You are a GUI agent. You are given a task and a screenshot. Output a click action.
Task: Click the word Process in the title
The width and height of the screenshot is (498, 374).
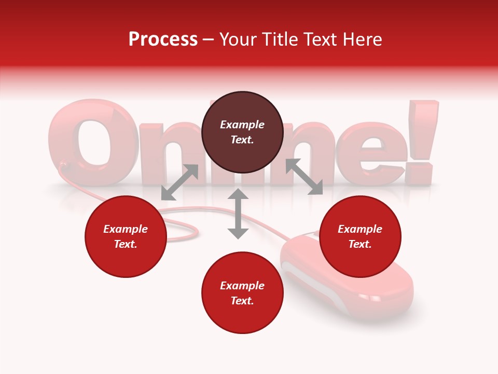coord(163,39)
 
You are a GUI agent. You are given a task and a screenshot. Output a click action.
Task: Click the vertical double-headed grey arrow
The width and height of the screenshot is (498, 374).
coord(238,214)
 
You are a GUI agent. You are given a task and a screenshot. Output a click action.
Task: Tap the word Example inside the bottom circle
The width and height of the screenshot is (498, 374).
coord(242,286)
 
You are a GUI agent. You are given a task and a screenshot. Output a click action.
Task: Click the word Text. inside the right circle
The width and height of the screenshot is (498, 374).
coord(360,244)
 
